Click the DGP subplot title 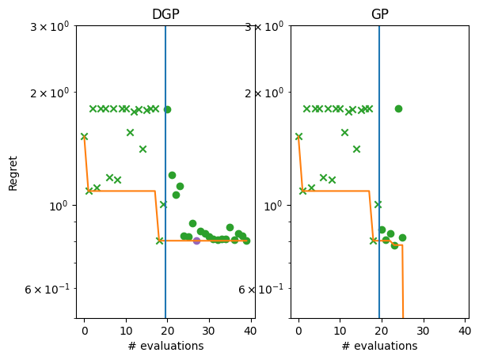(165, 14)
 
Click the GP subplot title (379, 14)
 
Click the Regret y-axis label (13, 172)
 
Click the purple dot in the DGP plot (196, 241)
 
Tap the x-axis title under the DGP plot (165, 346)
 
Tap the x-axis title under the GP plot (379, 346)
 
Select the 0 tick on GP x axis (298, 330)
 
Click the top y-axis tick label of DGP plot (49, 26)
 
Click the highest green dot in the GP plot (398, 108)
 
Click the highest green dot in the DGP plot (167, 109)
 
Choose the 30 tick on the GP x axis (424, 330)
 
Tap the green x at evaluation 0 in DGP (84, 136)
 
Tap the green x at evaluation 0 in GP (298, 136)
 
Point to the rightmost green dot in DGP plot (246, 241)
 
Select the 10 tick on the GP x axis (340, 330)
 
